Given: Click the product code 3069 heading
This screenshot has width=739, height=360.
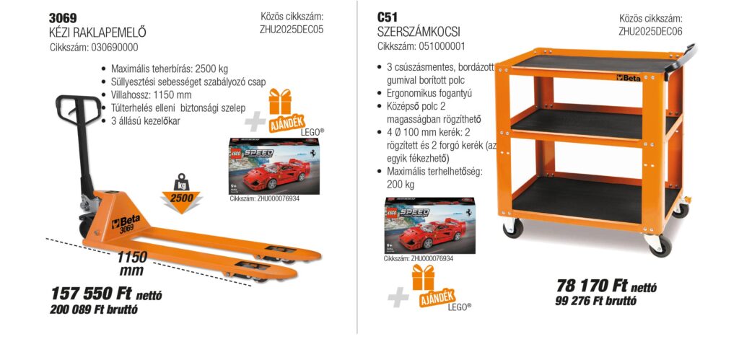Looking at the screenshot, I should tap(63, 17).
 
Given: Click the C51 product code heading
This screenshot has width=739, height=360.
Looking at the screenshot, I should tap(388, 17).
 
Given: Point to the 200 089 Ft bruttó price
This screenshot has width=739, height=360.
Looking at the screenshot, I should tap(94, 310).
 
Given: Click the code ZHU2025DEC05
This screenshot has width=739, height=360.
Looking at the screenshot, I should tap(292, 30).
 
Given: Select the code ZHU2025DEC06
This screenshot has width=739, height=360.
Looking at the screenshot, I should tap(650, 31).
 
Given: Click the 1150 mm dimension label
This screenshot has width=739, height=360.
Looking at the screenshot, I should tap(132, 263).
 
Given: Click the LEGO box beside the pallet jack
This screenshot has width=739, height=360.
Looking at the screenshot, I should tap(264, 166).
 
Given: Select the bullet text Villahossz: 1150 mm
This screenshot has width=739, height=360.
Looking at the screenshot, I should tap(151, 95).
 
